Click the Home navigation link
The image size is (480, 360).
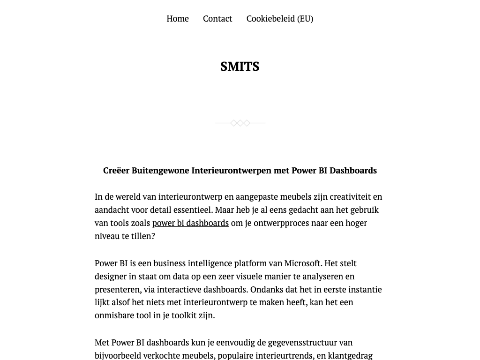[x=178, y=19]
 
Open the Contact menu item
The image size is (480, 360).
[x=217, y=19]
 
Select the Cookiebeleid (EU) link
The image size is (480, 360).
[x=279, y=19]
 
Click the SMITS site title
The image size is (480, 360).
[x=240, y=67]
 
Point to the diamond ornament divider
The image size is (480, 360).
[x=240, y=123]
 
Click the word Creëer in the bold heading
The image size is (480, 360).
[x=116, y=171]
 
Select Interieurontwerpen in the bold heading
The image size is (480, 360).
[x=232, y=171]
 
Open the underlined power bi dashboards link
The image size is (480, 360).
[x=190, y=223]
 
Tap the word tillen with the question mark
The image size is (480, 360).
[x=142, y=236]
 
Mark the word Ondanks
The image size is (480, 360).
[x=265, y=290]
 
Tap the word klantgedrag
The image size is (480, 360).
[x=350, y=356]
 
